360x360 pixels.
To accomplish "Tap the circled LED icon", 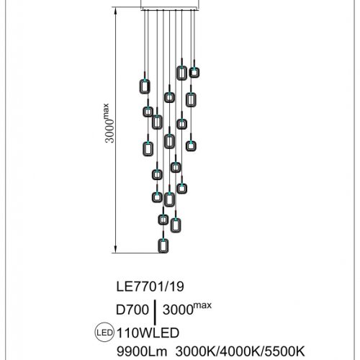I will (x=104, y=333).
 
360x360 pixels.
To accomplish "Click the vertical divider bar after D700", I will (x=154, y=311).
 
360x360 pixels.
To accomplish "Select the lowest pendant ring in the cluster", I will (x=163, y=246).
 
